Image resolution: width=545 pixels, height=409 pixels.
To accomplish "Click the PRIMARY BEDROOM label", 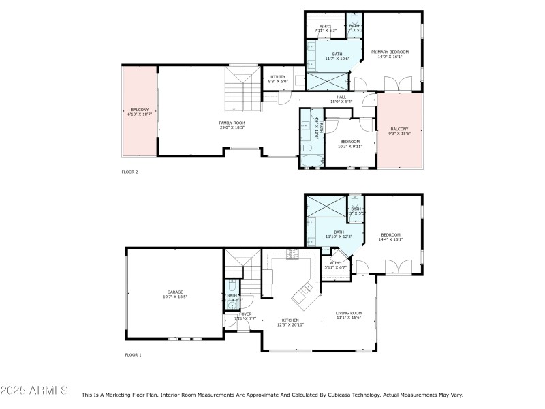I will (390, 52).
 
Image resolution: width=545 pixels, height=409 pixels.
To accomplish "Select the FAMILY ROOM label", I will (232, 123).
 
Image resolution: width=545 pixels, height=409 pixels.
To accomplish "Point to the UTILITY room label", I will (278, 77).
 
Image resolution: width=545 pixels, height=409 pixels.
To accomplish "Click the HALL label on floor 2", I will (341, 97).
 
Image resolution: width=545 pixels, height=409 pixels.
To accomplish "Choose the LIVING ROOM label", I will (348, 314).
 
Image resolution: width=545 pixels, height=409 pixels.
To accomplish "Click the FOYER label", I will (245, 314).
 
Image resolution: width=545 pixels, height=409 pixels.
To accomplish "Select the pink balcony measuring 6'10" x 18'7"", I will (140, 112).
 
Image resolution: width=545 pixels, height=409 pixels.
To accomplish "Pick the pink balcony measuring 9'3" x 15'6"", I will (399, 131).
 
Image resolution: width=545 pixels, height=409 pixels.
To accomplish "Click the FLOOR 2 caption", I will (129, 172).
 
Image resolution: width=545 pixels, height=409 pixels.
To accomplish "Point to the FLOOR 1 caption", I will (133, 355).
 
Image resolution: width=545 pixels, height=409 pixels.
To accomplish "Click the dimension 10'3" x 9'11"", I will (350, 146).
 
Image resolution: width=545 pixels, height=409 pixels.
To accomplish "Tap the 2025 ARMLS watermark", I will (34, 391).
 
